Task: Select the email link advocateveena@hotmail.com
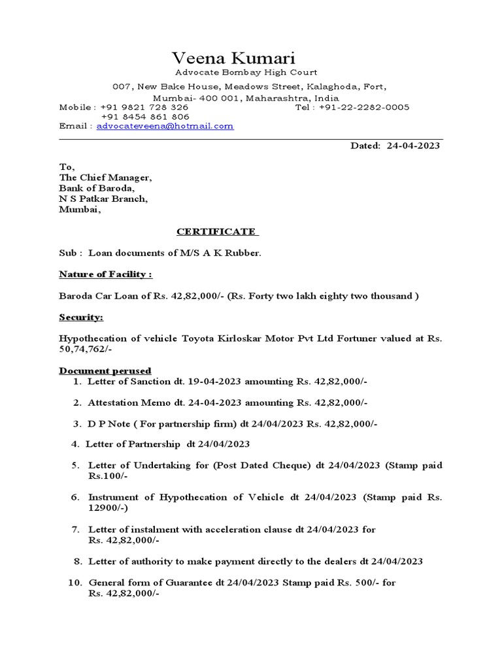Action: (x=165, y=126)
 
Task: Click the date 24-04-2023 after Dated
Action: (x=412, y=146)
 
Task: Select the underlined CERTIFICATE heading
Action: (x=217, y=231)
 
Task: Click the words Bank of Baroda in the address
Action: (x=97, y=188)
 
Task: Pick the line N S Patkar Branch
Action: (x=103, y=199)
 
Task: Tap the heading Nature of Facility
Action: (x=106, y=274)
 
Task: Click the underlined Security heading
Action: (x=81, y=317)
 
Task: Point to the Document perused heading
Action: (x=105, y=370)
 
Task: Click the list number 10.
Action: (x=74, y=582)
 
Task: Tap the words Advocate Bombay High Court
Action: (x=246, y=73)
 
